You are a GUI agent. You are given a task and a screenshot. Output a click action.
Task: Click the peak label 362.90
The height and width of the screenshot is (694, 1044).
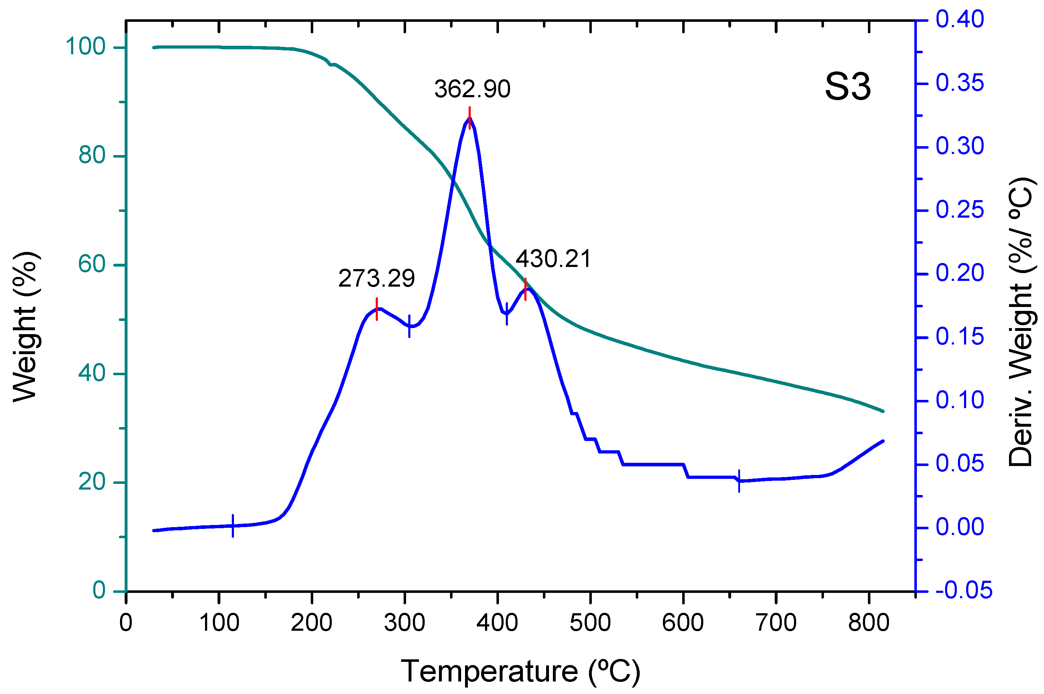[x=472, y=89]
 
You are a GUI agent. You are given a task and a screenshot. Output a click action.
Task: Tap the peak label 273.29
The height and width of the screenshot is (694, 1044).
[x=376, y=278]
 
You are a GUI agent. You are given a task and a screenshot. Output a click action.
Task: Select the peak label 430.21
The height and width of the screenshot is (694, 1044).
[x=553, y=259]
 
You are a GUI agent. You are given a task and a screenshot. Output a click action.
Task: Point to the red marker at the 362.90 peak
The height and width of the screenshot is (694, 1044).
[x=469, y=118]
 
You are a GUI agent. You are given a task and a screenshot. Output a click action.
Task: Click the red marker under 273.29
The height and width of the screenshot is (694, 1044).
[x=376, y=309]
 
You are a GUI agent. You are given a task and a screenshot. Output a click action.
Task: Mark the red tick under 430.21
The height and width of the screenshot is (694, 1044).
[x=525, y=289]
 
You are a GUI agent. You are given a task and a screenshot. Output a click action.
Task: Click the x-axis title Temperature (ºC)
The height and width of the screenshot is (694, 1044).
[x=521, y=671]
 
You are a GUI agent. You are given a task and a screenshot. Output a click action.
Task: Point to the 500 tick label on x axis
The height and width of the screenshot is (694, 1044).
[x=590, y=623]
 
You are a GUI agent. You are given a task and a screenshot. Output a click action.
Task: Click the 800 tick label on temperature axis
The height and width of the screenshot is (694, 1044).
[x=868, y=623]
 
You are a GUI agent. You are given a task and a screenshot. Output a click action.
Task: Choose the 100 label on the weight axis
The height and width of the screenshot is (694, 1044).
[x=85, y=46]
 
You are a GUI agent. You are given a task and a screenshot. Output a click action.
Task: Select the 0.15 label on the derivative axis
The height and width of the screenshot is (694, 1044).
[x=959, y=337]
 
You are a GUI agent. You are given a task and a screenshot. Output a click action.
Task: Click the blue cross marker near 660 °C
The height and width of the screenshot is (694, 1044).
[x=739, y=481]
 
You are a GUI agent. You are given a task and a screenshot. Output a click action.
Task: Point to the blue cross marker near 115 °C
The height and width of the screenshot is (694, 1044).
[x=233, y=526]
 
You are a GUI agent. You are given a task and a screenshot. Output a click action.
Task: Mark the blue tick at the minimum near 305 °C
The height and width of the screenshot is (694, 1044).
[x=409, y=326]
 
